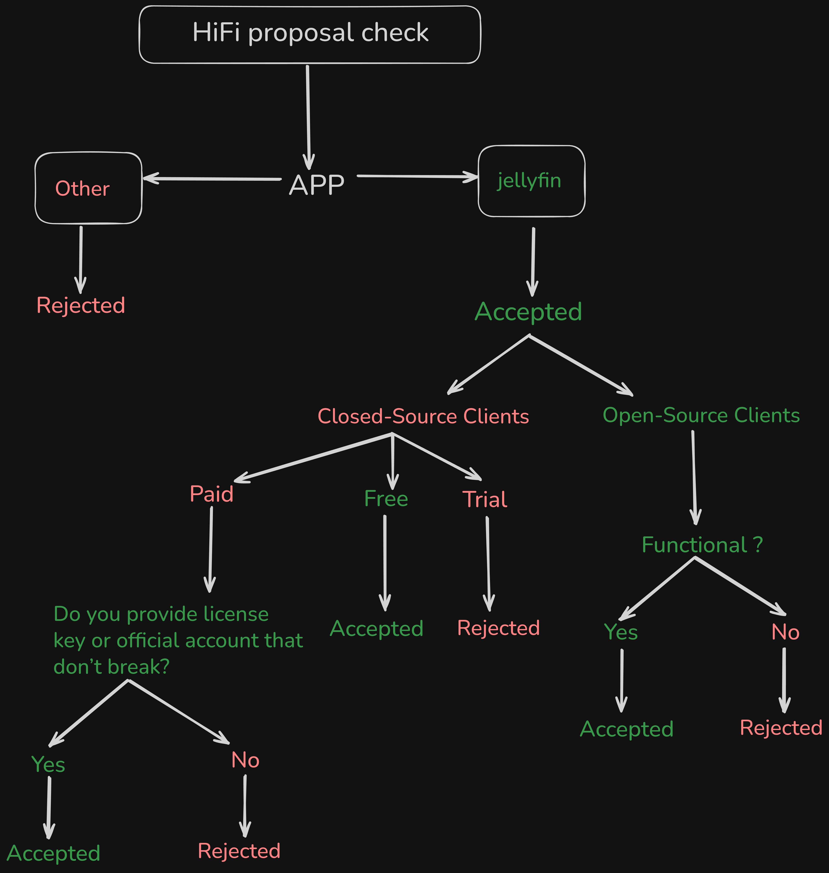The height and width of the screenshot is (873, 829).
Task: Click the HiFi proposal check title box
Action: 310,34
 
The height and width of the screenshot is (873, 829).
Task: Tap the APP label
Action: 316,185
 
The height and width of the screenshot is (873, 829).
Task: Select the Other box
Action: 88,188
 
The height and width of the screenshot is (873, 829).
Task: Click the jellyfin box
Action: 531,181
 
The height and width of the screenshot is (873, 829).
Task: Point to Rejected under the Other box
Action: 81,305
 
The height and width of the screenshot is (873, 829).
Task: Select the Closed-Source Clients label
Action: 423,416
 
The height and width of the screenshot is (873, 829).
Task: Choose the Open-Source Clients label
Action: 701,415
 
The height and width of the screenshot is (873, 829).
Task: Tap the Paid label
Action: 211,494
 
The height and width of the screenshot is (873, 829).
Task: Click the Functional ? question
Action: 702,545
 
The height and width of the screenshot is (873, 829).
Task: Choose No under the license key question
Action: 245,760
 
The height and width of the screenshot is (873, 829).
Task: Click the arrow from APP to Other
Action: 212,178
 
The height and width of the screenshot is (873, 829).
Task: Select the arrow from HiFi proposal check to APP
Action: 308,117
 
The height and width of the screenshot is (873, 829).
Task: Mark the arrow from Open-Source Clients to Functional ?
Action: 694,477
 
